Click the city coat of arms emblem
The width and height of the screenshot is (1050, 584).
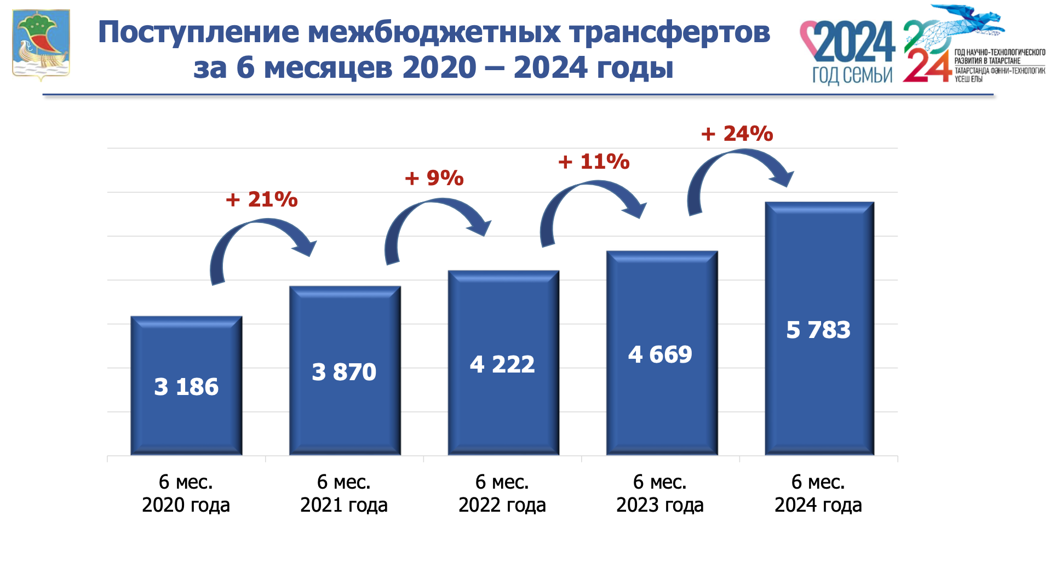(41, 44)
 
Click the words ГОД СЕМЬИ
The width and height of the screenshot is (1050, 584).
(852, 75)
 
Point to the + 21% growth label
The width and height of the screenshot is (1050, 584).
(261, 199)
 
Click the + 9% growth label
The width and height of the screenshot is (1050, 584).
(434, 178)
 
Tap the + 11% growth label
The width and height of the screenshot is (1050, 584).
(594, 162)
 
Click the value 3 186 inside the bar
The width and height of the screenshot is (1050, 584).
(186, 387)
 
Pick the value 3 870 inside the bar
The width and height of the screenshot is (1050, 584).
(344, 372)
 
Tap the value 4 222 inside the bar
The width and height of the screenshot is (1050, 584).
(502, 364)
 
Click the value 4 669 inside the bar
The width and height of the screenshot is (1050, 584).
(660, 354)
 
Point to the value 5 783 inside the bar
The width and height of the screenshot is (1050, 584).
(818, 330)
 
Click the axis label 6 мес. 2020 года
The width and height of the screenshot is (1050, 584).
(186, 493)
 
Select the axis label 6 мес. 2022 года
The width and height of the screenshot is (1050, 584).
(502, 493)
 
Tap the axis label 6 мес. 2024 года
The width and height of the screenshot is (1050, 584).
(818, 493)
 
